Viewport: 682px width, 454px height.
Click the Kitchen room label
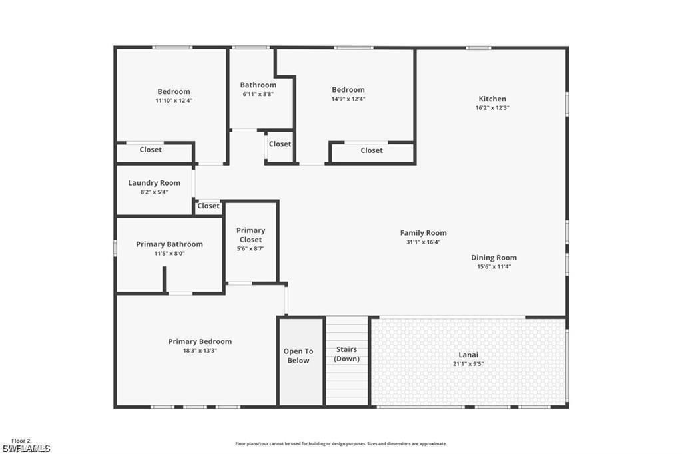(x=492, y=99)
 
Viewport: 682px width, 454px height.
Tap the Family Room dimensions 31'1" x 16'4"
(x=423, y=242)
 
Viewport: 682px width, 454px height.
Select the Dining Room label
(x=494, y=258)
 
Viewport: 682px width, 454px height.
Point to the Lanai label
(x=468, y=355)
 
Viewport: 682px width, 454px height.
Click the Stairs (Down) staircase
(x=346, y=360)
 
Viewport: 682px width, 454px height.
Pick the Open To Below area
(x=298, y=360)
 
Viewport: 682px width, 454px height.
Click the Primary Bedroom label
(x=200, y=341)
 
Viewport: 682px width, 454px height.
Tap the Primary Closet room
(x=250, y=240)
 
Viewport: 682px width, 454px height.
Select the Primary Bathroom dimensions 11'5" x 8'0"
(x=169, y=254)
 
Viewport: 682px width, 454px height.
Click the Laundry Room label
(x=154, y=183)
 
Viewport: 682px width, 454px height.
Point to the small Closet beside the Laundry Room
(x=208, y=206)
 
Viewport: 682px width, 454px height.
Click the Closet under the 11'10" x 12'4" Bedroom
(x=151, y=150)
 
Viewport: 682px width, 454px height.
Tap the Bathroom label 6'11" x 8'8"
(x=258, y=85)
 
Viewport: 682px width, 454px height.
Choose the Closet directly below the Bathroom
(x=280, y=144)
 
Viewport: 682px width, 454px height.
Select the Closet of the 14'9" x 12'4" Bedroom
(x=372, y=150)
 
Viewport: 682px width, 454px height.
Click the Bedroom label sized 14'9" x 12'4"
(x=348, y=90)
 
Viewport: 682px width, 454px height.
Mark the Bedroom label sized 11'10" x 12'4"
(x=174, y=92)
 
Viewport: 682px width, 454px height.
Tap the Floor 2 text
(x=20, y=441)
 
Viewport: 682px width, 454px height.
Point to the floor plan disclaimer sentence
(x=340, y=444)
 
